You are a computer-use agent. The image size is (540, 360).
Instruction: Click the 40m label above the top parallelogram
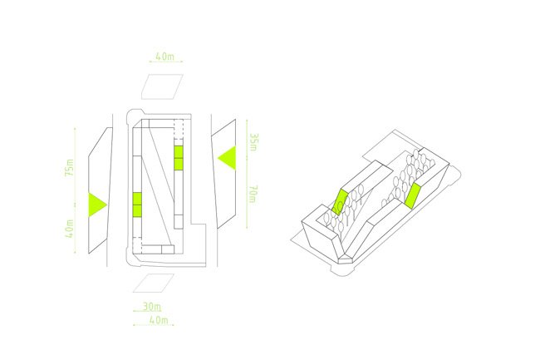(x=164, y=57)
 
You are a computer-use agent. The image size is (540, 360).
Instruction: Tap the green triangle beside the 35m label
(x=227, y=155)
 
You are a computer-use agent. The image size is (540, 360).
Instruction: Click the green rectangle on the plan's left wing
(x=138, y=203)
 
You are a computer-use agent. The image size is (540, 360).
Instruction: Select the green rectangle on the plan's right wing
(x=178, y=157)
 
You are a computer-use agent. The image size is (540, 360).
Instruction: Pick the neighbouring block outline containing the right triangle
(x=225, y=170)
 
